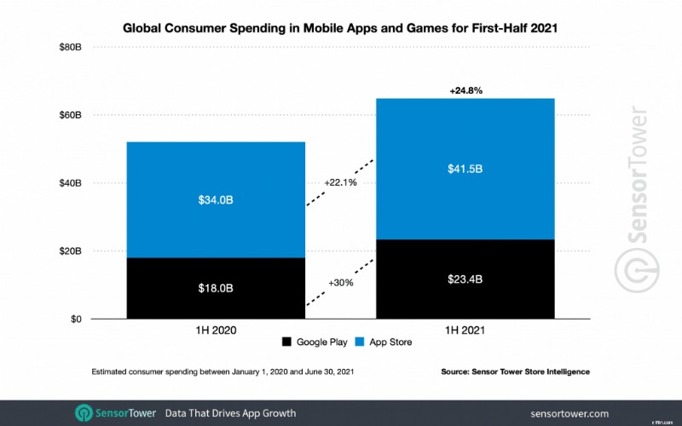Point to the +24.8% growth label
466,89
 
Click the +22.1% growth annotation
341,182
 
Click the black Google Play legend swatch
286,343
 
